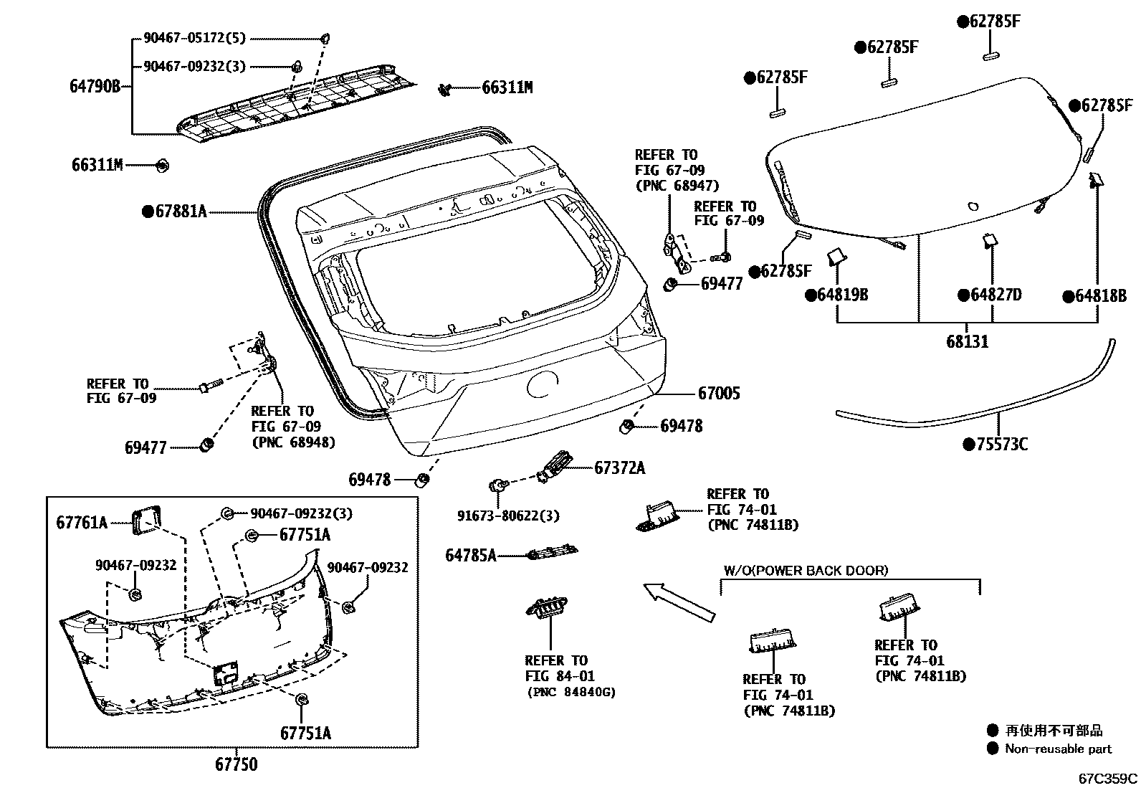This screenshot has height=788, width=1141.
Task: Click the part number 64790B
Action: [x=95, y=87]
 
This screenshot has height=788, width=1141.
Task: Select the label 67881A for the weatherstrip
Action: [x=181, y=212]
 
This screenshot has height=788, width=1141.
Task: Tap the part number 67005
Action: [x=719, y=393]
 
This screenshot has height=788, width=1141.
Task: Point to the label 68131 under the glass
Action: [x=967, y=342]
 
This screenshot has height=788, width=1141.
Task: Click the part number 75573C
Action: [x=1001, y=445]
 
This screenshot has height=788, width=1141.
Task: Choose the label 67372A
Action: [x=619, y=468]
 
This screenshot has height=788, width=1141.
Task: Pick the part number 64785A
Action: [x=470, y=555]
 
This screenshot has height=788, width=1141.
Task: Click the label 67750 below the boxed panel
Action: [x=236, y=765]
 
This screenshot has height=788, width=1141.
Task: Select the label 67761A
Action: [x=82, y=523]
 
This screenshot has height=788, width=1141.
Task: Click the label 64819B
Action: [x=842, y=295]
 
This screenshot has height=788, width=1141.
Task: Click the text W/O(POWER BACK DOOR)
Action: [x=805, y=571]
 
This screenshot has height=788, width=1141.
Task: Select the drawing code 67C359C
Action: [x=1108, y=779]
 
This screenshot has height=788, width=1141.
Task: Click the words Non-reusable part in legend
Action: [x=1058, y=749]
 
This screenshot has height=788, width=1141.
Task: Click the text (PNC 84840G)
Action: [x=571, y=692]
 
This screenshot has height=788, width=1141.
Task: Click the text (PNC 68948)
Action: [x=293, y=442]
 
